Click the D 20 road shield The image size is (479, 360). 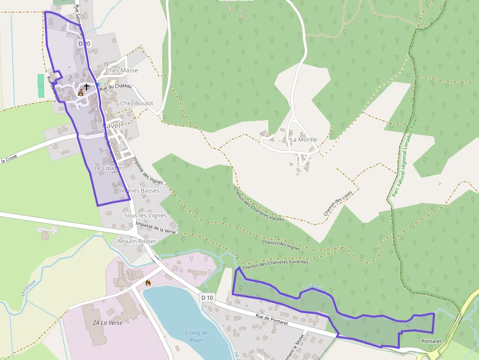pos(84,44)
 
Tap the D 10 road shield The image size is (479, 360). pos(207,297)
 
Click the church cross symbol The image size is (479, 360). pos(87,87)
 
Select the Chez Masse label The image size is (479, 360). pos(122,70)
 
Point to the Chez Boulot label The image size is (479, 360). pos(136,104)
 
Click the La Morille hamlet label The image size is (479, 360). pos(304,140)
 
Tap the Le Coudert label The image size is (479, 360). pos(109,168)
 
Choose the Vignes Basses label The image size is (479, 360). pos(140,191)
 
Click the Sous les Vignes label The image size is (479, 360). pos(145,215)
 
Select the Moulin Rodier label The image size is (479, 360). pos(137,241)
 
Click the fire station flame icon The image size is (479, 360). pos(148,282)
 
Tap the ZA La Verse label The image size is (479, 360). pos(108,323)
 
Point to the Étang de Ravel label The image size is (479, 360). pos(197,337)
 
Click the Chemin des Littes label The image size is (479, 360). pos(338,203)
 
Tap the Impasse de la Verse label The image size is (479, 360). pos(156,227)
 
